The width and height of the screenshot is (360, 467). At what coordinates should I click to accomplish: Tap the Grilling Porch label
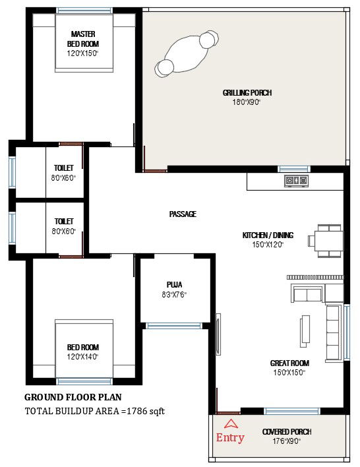click(247, 93)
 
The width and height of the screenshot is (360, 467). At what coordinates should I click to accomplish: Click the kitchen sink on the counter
click(296, 180)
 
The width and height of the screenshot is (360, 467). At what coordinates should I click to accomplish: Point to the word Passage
click(183, 214)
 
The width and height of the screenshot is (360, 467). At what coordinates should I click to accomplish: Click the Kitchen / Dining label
click(268, 235)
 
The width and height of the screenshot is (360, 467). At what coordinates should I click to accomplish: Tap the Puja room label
click(174, 285)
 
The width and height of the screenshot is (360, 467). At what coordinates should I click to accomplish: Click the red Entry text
click(230, 437)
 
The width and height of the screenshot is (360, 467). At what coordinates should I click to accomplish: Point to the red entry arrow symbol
click(231, 424)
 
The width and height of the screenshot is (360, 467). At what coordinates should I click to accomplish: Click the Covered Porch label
click(286, 432)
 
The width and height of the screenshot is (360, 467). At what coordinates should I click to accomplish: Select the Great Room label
click(289, 363)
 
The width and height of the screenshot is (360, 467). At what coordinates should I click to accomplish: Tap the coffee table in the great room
click(305, 330)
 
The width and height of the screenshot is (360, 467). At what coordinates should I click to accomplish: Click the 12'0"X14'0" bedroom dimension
click(82, 357)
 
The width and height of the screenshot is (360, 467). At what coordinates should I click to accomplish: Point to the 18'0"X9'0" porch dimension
click(247, 102)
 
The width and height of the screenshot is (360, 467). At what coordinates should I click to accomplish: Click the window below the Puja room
click(174, 325)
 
